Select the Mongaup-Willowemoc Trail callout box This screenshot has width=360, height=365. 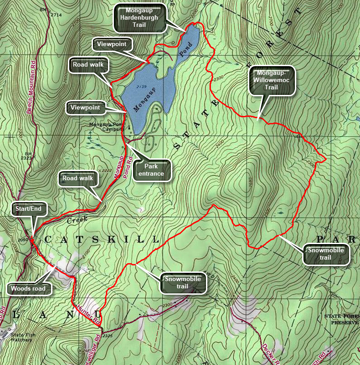(272, 81)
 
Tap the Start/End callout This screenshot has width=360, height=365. (30, 209)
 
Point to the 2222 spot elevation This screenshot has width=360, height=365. (106, 170)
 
